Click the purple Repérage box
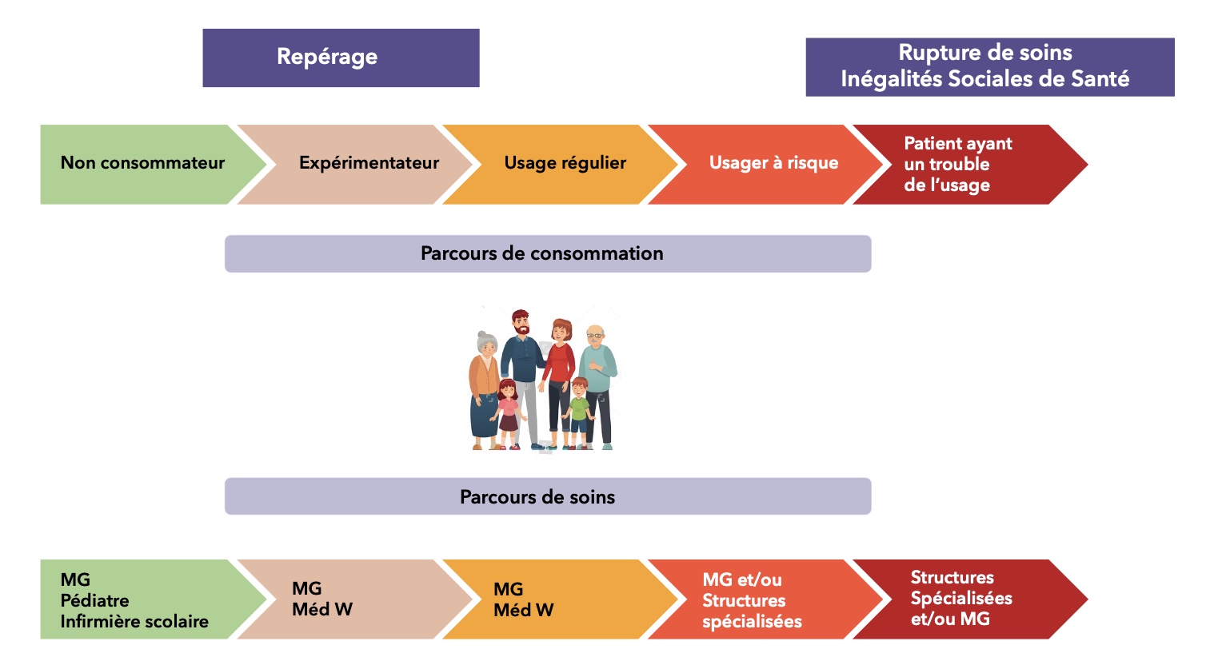[x=341, y=58]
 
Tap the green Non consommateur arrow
[x=142, y=164]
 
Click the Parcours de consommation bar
[x=547, y=253]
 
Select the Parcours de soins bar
[x=547, y=496]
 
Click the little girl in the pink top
[x=508, y=412]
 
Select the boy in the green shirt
[x=578, y=412]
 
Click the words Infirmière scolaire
[x=134, y=621]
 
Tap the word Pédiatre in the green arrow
[x=94, y=600]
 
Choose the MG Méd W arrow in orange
[x=552, y=599]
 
